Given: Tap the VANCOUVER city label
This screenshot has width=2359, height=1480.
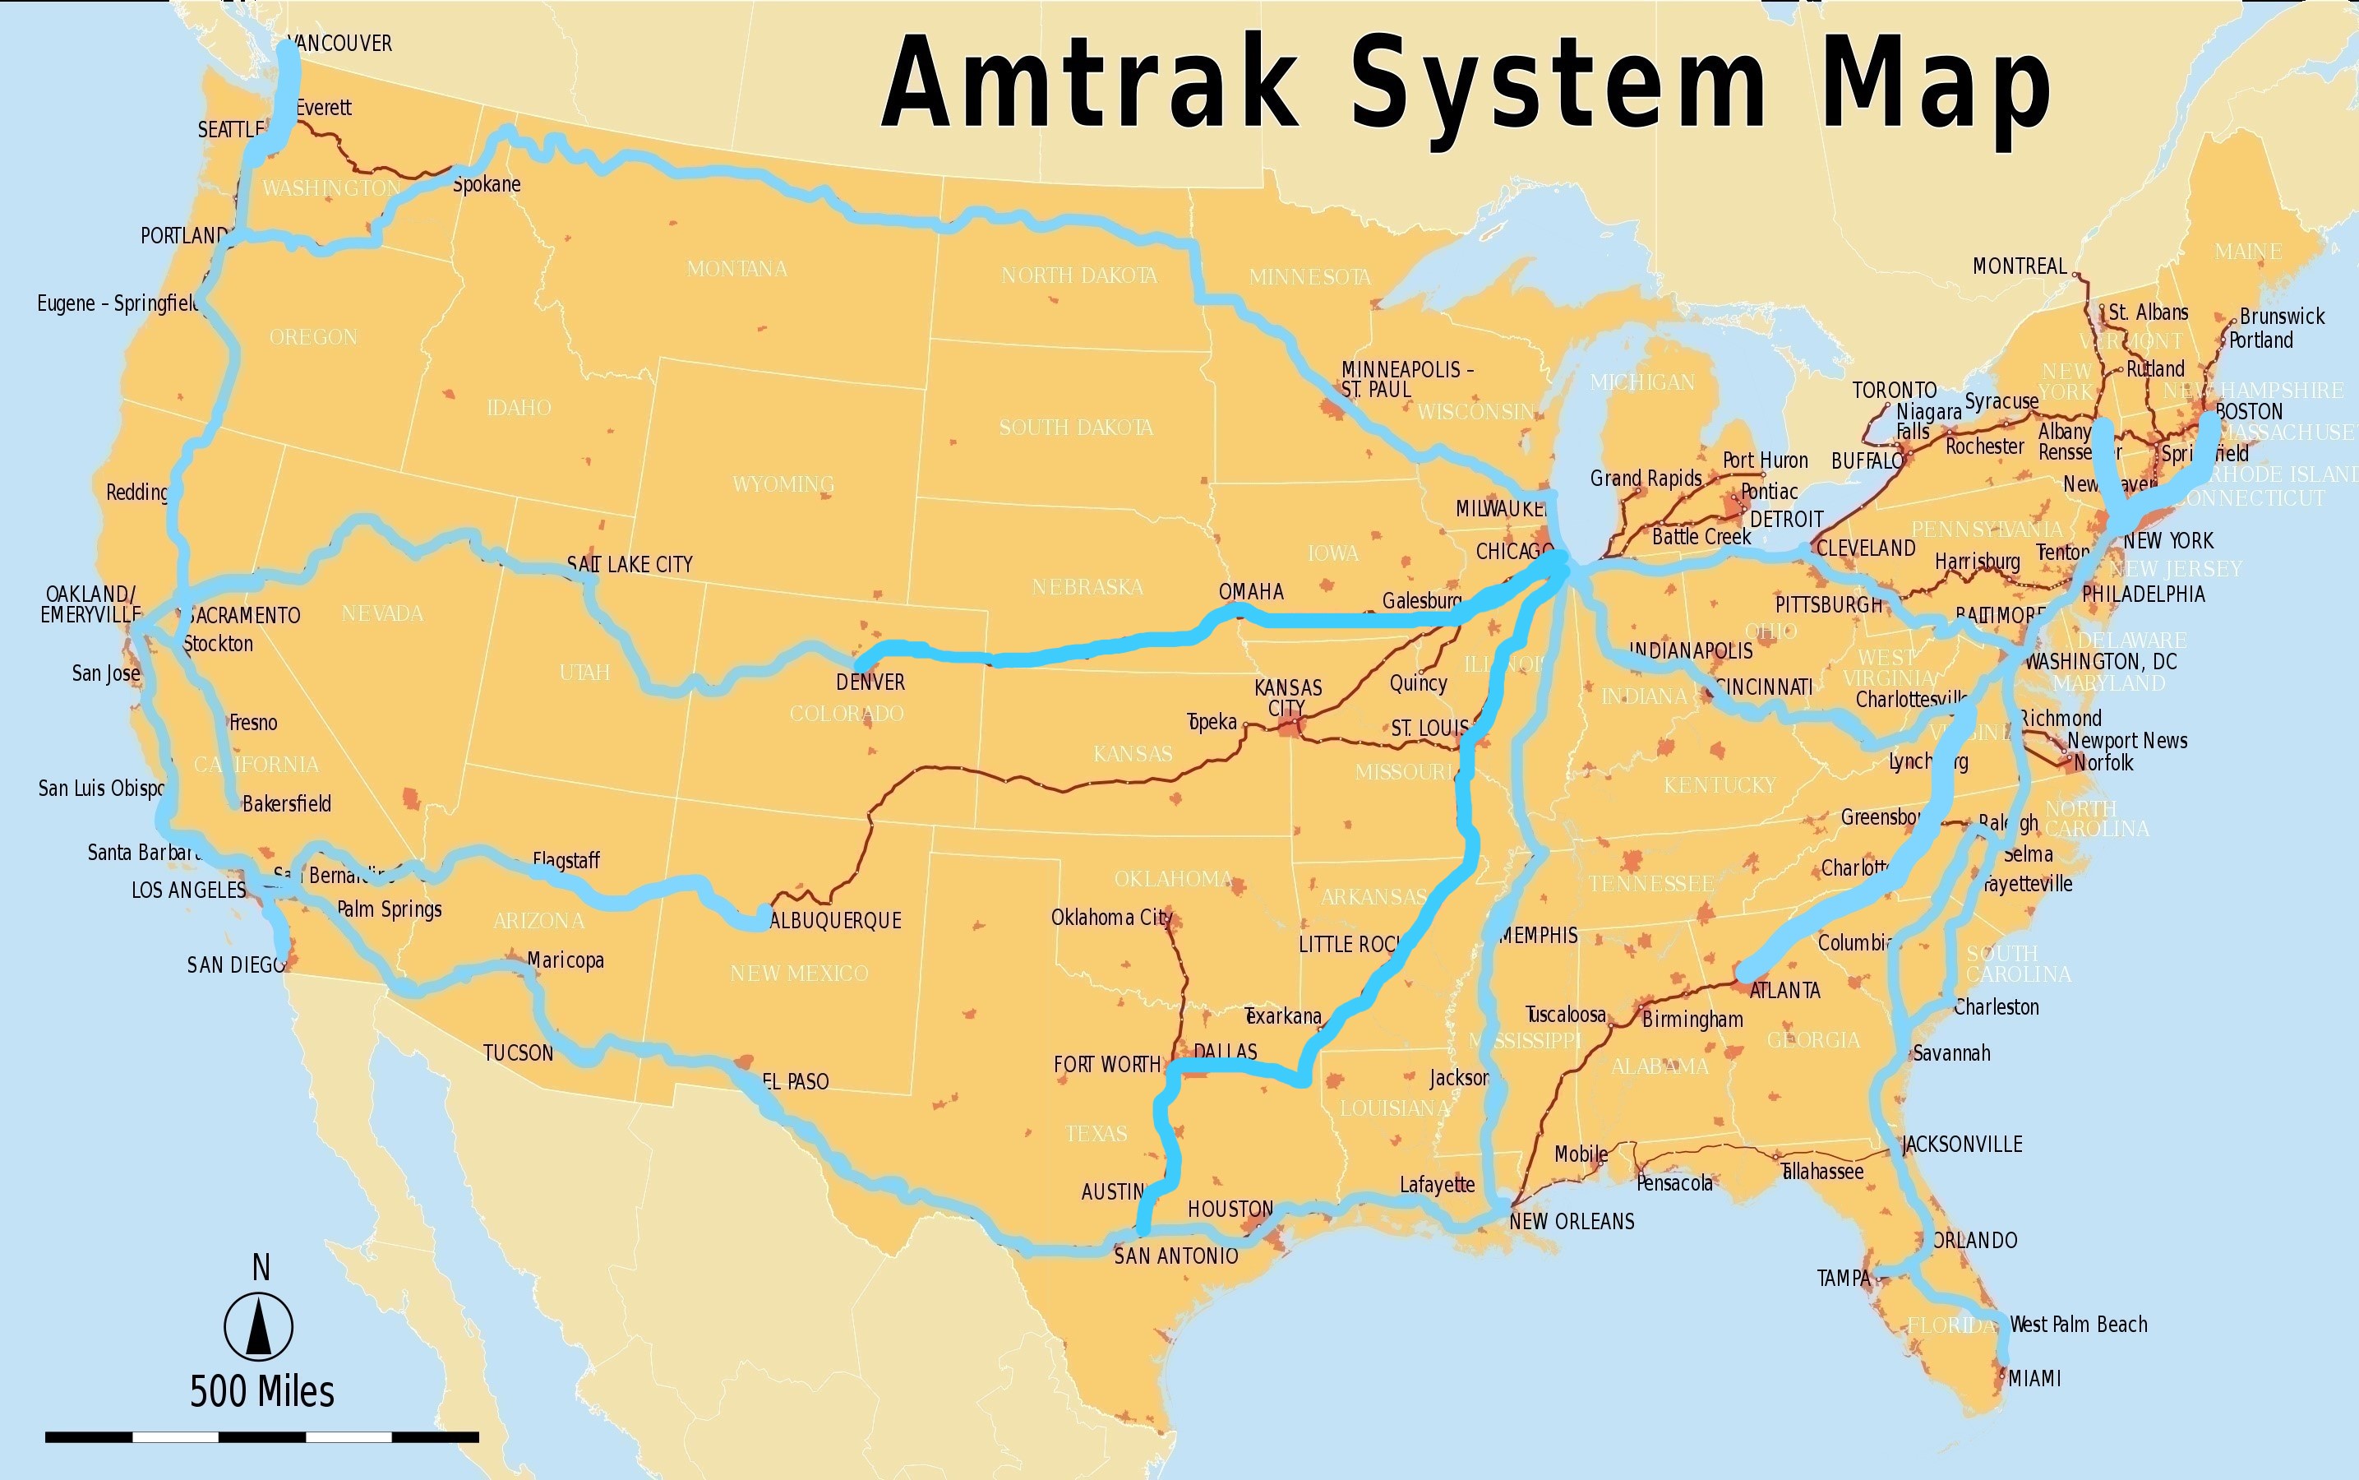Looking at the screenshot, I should click(340, 43).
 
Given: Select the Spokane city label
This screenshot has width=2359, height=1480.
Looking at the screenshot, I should click(487, 184).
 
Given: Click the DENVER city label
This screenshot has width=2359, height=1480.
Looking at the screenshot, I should click(870, 682).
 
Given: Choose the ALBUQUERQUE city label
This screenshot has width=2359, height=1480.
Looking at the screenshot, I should click(837, 920).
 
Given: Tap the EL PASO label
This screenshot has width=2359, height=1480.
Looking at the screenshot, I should click(796, 1081).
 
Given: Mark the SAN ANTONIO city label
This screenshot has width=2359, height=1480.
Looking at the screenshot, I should click(1176, 1256).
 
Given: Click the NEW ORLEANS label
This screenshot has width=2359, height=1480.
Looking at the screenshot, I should click(1572, 1222).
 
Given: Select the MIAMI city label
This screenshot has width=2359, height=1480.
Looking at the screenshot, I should click(2034, 1378).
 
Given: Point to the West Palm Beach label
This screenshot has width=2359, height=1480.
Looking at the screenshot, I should click(2078, 1325).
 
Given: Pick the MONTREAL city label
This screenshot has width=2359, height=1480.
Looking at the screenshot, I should click(2020, 266).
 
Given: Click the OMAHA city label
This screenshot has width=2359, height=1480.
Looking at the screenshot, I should click(1250, 591).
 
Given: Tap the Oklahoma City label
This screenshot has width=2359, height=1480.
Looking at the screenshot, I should click(1110, 917).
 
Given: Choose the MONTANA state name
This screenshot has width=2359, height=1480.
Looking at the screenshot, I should click(736, 268).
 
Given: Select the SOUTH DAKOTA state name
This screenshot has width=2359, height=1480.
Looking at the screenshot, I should click(1075, 428).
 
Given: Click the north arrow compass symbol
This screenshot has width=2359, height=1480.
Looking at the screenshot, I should click(259, 1326).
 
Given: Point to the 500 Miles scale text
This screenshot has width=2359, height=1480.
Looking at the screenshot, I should click(262, 1391).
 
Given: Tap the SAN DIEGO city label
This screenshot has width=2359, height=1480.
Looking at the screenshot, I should click(236, 965).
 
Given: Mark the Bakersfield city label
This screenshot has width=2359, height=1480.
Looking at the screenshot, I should click(287, 803).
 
